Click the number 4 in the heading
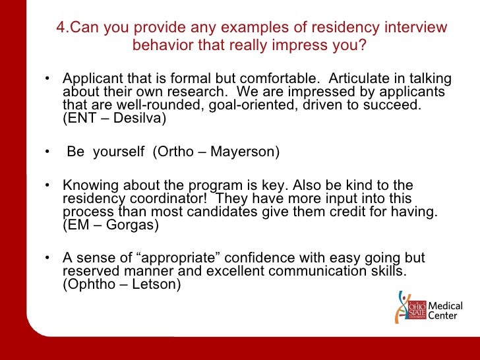coord(59,28)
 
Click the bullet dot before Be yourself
coord(47,153)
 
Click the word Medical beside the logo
coord(446,306)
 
